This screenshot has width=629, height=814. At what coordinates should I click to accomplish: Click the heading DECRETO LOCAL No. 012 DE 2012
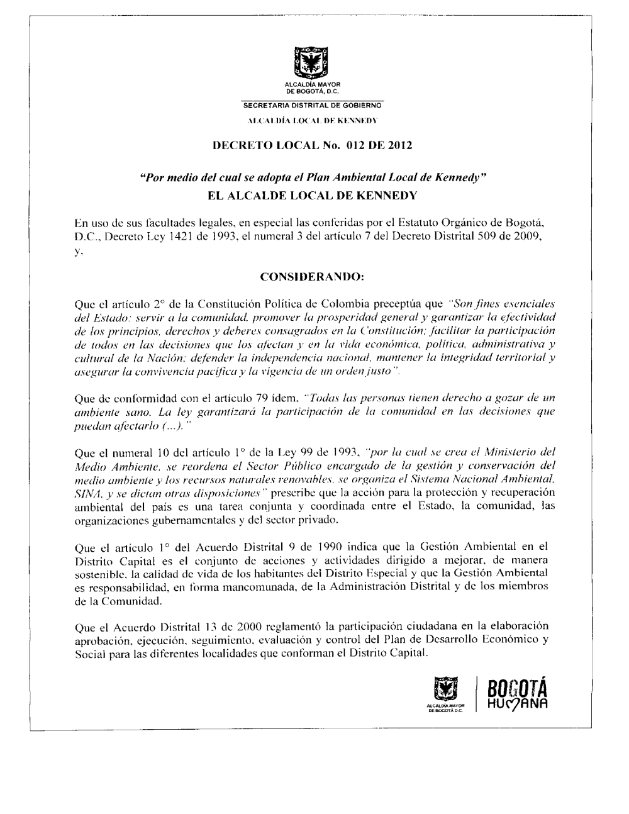click(x=313, y=147)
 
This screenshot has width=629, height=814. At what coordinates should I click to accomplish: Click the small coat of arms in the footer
click(x=446, y=690)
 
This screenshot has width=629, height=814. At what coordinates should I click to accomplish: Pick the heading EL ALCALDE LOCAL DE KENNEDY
click(x=313, y=195)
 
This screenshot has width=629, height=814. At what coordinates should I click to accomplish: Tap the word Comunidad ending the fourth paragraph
click(x=133, y=601)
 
